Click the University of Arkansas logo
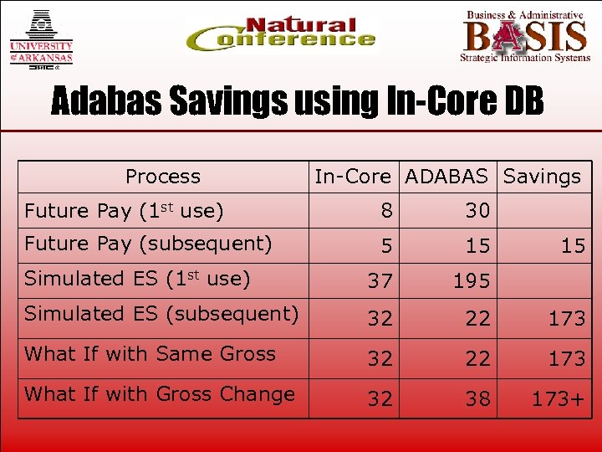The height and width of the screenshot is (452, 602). (x=41, y=38)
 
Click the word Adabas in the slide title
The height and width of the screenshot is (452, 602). (x=109, y=101)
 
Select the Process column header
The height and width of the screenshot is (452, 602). (x=163, y=177)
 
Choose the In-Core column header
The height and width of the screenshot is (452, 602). (x=352, y=177)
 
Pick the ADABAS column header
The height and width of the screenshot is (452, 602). (x=446, y=177)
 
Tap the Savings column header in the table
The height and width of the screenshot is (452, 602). (x=541, y=177)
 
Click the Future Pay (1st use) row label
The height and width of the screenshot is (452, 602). (x=124, y=211)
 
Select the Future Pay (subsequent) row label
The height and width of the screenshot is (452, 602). (x=148, y=244)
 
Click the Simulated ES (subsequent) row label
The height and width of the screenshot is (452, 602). (x=161, y=314)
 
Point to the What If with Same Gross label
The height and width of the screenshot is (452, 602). (x=150, y=354)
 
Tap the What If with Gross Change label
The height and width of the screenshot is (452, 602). (x=159, y=394)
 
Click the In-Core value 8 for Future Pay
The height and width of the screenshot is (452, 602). (x=385, y=211)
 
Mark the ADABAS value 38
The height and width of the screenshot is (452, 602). (x=477, y=399)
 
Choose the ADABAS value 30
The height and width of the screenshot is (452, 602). (x=477, y=211)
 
